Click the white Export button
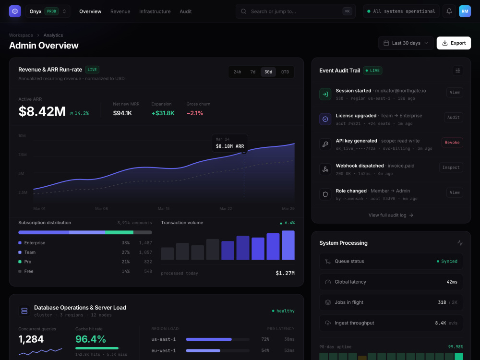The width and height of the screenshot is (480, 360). [454, 43]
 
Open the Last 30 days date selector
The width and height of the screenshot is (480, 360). [406, 43]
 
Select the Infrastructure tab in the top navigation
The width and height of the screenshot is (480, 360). [155, 12]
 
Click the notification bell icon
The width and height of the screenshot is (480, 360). [449, 12]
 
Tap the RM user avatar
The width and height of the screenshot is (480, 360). [465, 12]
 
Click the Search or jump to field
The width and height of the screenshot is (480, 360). [295, 12]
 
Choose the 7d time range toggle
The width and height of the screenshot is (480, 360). [253, 72]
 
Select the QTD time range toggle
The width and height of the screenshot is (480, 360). [285, 72]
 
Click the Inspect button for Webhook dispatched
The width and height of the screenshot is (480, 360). [451, 168]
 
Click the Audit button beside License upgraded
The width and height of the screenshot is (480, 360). [454, 117]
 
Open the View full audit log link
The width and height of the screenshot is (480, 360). [391, 215]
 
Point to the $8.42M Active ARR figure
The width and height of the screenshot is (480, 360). [42, 111]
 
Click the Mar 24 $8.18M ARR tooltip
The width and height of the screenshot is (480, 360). [230, 143]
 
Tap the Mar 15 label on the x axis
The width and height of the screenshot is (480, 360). [164, 209]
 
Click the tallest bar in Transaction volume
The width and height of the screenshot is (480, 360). [288, 245]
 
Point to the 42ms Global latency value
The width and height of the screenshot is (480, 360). [452, 282]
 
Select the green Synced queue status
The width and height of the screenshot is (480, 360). [447, 262]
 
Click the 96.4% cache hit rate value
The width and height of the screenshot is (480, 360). [91, 339]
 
